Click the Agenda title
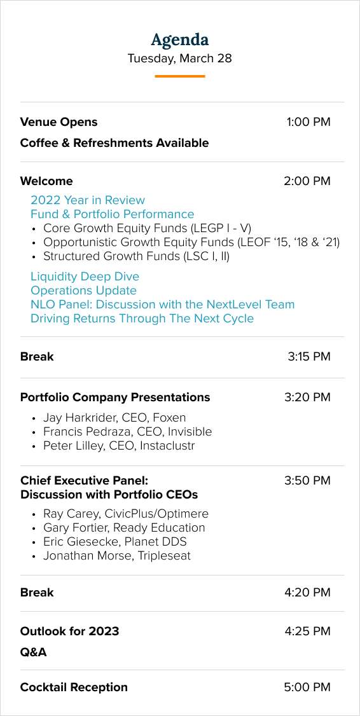point(180,40)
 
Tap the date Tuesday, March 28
point(179,59)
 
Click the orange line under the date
point(180,76)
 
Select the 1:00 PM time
point(308,122)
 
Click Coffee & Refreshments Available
point(114,143)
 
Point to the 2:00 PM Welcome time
point(307,181)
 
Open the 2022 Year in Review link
point(88,200)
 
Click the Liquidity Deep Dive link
point(85,277)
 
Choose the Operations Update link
point(83,291)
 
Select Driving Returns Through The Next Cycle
point(142,319)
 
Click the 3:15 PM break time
point(309,357)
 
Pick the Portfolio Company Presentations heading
point(115,397)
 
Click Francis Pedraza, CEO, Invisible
point(127,432)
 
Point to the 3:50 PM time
point(307,481)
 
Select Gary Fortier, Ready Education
point(124,528)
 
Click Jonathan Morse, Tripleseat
point(117,556)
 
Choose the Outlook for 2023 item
point(69,631)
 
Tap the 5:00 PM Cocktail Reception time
point(307,687)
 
